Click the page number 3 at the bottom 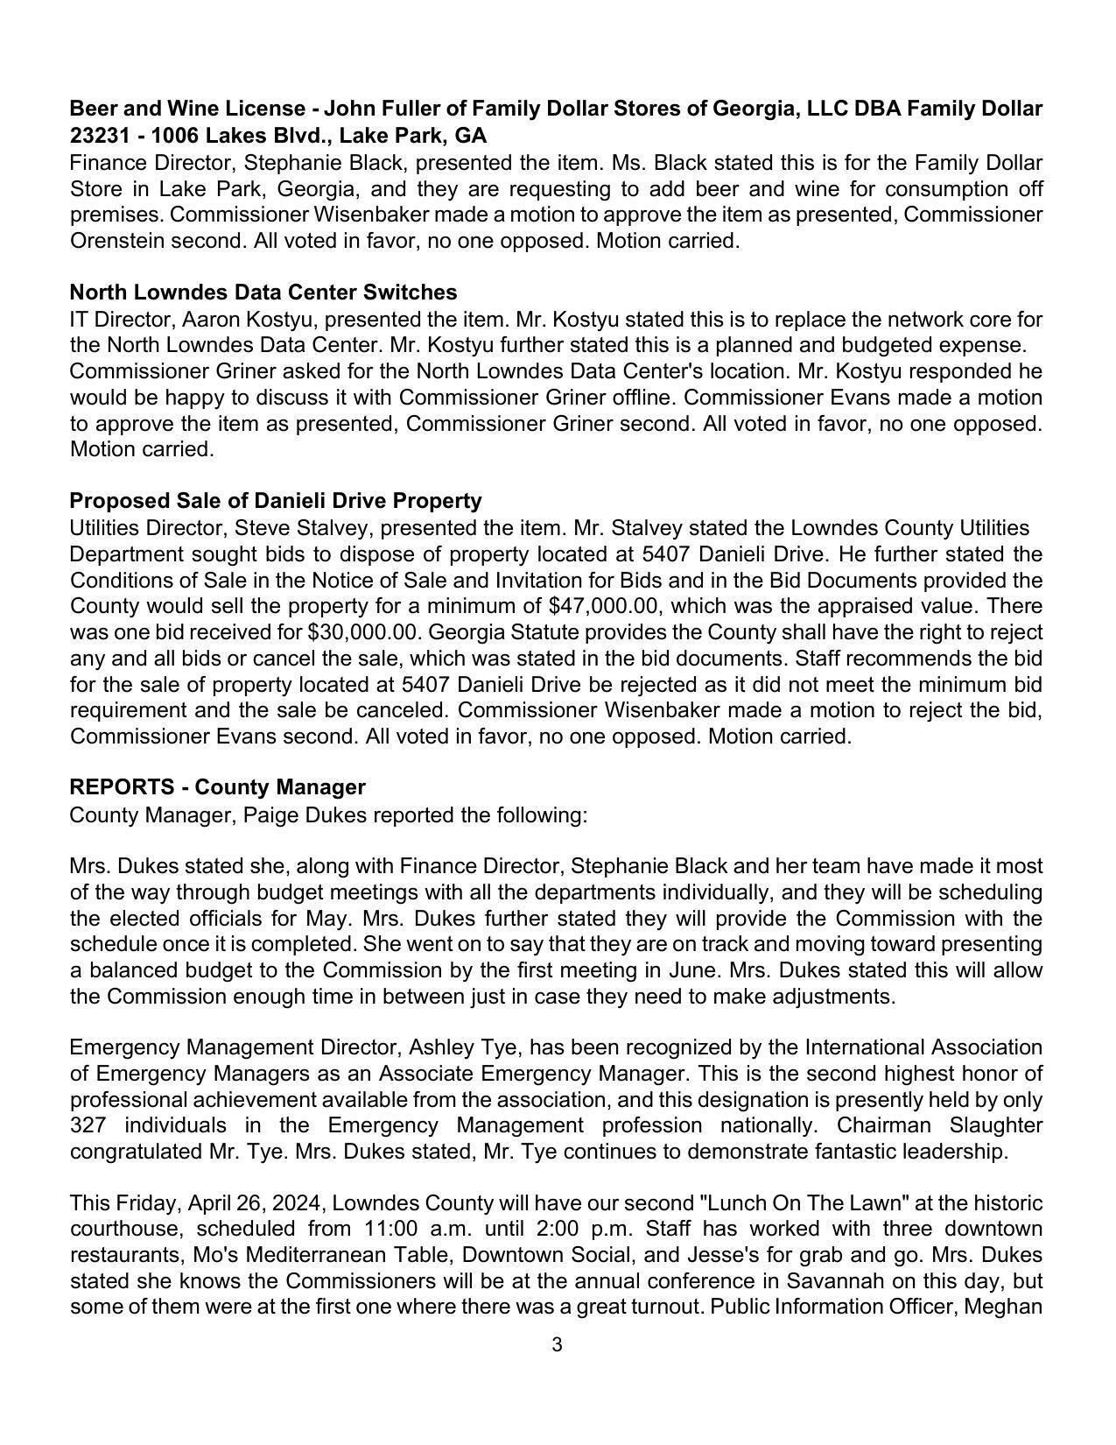557,1345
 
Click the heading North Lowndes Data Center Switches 263,292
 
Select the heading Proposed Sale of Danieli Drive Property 275,501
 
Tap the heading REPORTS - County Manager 217,787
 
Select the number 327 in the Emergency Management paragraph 88,1125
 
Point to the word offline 642,398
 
